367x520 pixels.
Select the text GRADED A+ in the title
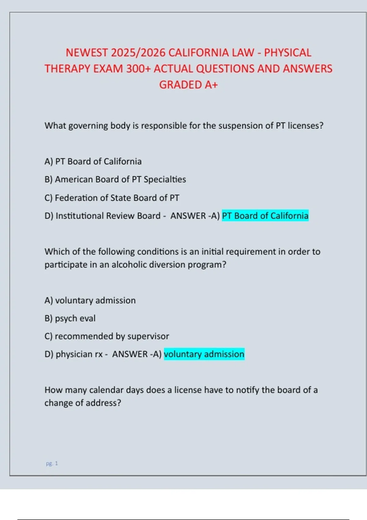click(x=188, y=85)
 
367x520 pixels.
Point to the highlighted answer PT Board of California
click(x=265, y=216)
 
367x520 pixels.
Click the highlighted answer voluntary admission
click(x=204, y=354)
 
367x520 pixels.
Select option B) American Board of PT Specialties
click(x=115, y=179)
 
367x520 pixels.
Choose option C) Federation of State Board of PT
click(x=112, y=198)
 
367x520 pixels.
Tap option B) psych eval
click(x=70, y=318)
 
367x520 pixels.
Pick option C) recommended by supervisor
click(x=106, y=336)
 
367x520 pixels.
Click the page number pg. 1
click(x=52, y=463)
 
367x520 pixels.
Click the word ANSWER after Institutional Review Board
click(x=188, y=216)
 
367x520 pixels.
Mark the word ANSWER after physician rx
click(x=130, y=354)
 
